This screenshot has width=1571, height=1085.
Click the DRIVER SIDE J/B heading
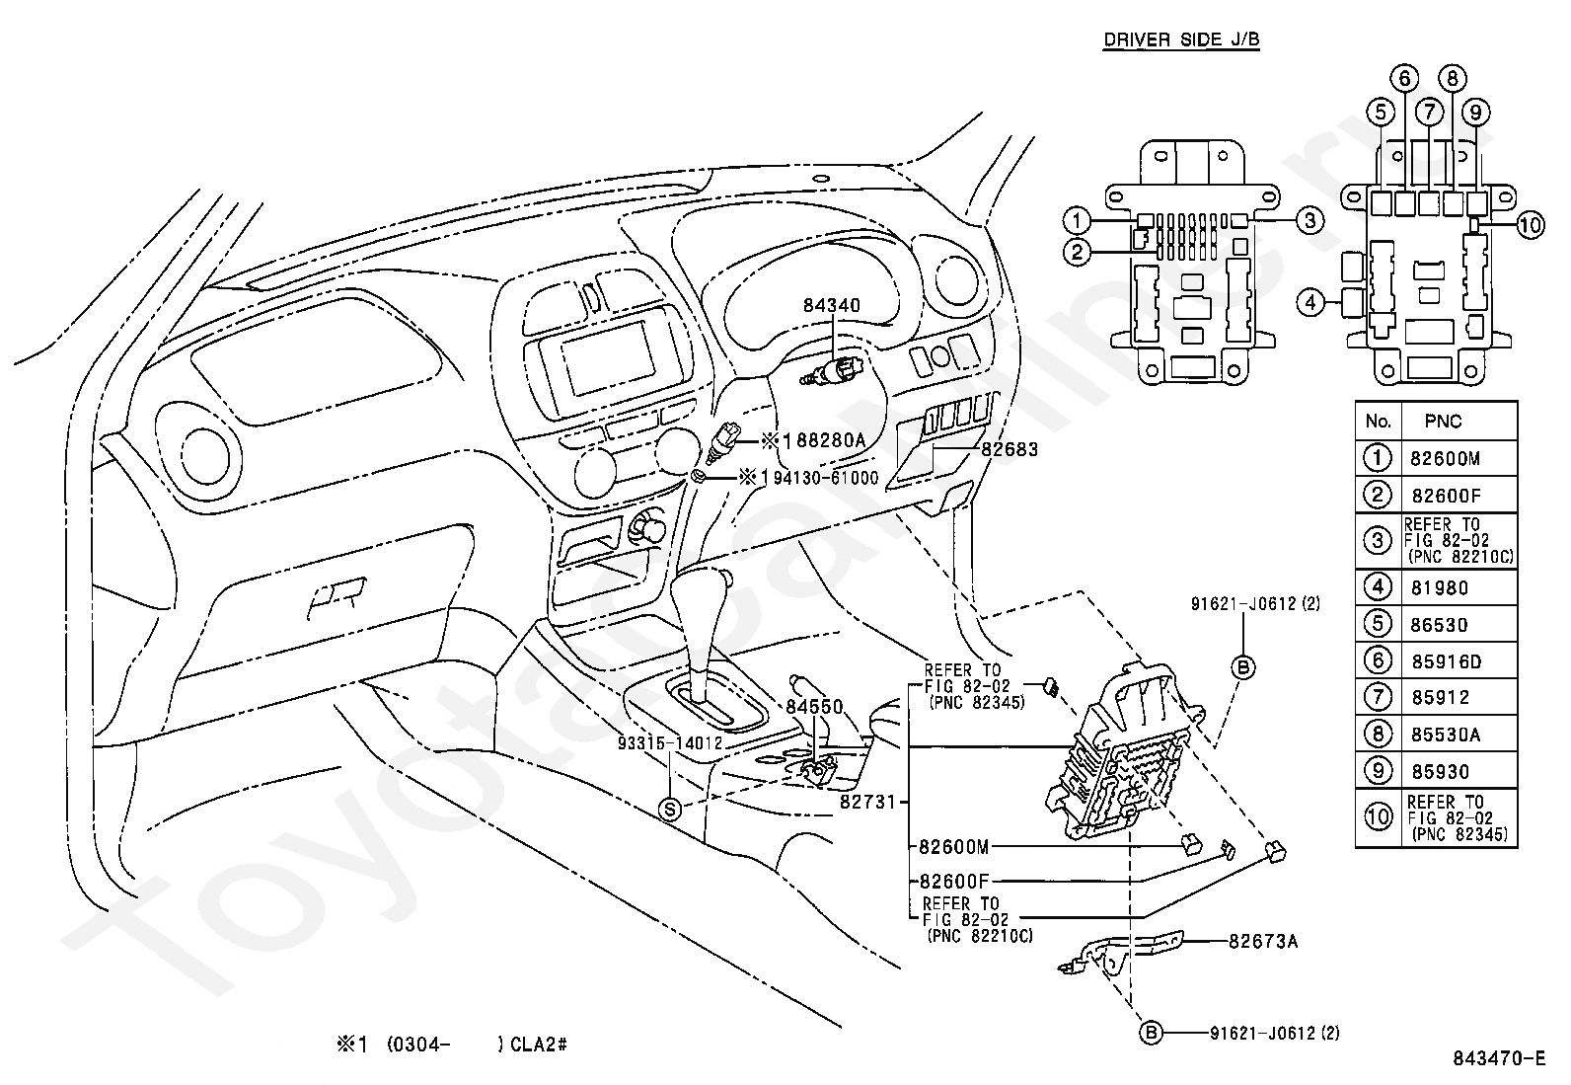[x=1181, y=40]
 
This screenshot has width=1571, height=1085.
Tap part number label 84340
[x=831, y=305]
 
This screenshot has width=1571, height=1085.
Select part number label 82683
[x=1010, y=449]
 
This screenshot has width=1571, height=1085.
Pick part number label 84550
[x=814, y=707]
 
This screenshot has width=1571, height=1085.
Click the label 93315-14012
[x=670, y=743]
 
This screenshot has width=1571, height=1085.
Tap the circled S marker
[x=670, y=810]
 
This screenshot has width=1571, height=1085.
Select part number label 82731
[x=867, y=802]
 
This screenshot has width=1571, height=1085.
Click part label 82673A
[x=1263, y=942]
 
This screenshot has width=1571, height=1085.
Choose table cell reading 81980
[x=1439, y=588]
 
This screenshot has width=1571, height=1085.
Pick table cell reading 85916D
[x=1446, y=661]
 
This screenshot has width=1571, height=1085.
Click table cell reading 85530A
[x=1446, y=735]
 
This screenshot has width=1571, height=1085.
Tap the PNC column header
[x=1443, y=422]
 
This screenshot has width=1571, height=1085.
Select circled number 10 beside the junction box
[x=1530, y=225]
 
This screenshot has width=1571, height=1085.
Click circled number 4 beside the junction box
[x=1310, y=303]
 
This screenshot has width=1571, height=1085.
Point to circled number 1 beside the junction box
[x=1078, y=221]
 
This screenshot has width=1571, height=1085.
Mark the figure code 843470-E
[x=1499, y=1058]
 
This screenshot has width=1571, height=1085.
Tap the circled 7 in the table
[x=1378, y=697]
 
